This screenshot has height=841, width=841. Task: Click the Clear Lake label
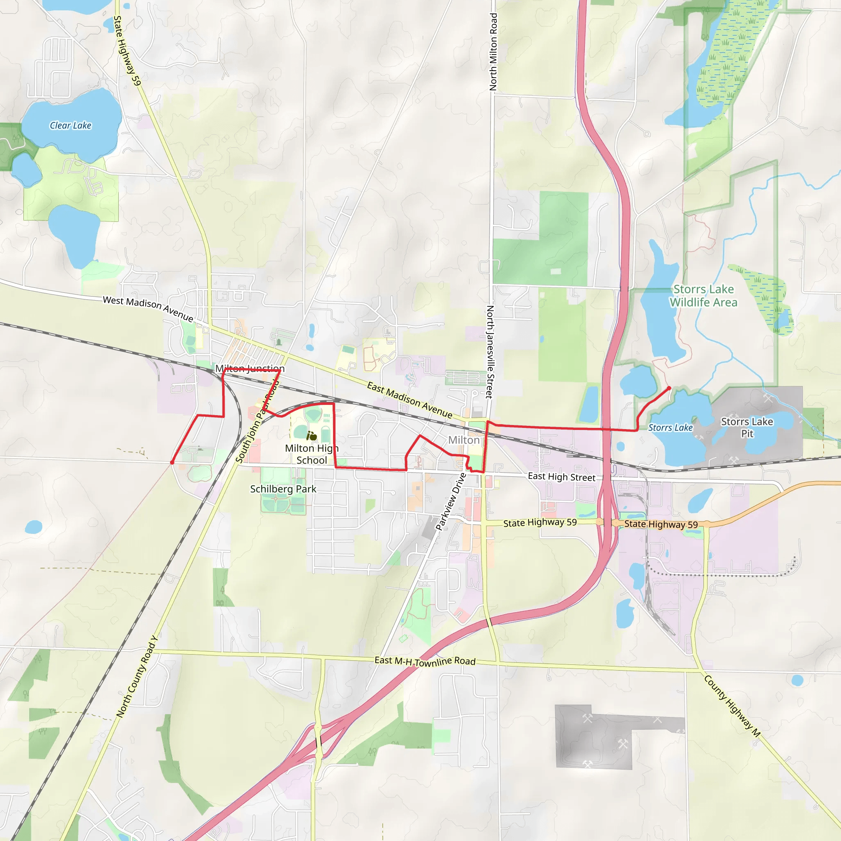71,125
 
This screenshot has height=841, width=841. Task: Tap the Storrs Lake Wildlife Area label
703,296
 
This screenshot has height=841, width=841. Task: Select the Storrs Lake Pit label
747,427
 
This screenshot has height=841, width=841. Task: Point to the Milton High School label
312,454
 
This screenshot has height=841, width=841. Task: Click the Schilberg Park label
283,489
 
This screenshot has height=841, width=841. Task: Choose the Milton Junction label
250,369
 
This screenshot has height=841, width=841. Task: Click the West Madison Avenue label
148,309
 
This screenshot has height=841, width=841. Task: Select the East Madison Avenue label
409,400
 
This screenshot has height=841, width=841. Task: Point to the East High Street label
561,477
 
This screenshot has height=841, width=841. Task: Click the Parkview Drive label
451,501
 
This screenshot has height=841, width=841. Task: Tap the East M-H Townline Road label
425,661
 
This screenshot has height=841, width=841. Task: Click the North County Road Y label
137,677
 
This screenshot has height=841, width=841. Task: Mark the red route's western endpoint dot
172,462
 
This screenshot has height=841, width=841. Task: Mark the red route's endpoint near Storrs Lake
669,388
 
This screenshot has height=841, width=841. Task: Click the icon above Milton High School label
311,436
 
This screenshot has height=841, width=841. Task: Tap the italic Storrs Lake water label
670,427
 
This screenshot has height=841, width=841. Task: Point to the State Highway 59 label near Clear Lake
127,51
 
